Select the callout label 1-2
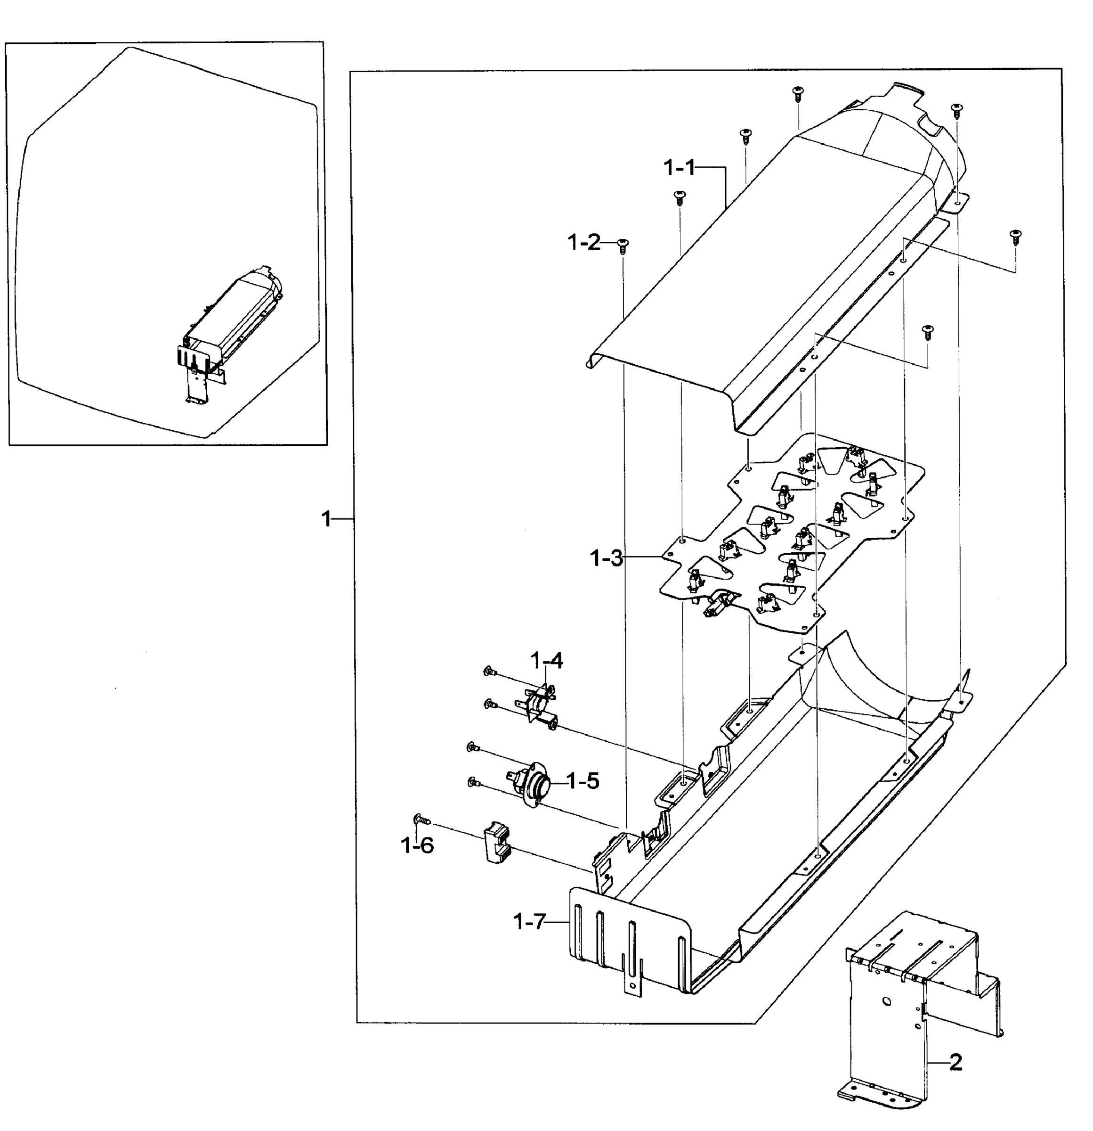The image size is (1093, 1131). coord(583,243)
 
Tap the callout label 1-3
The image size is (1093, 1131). coord(606,558)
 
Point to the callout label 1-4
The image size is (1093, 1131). coord(546,660)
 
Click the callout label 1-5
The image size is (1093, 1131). coord(583,781)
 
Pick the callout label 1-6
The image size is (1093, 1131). coord(416,845)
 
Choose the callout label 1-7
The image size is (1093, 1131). coord(529,922)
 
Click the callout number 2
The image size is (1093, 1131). coord(955,1062)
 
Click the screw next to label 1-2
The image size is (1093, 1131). coord(623,245)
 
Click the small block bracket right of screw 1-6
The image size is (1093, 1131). coord(497,843)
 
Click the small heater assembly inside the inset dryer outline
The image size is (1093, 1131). coord(231,323)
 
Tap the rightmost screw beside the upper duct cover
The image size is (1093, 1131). coord(1015,237)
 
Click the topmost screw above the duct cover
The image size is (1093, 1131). coord(798,93)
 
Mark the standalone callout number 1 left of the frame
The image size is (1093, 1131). coord(326,519)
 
